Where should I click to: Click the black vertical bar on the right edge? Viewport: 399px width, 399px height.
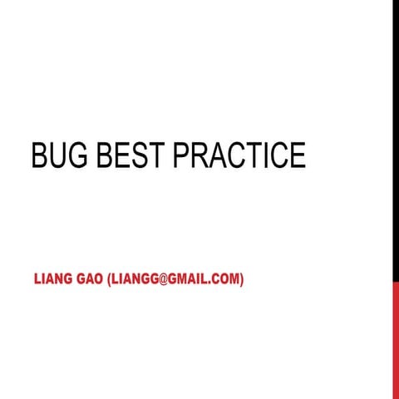pyautogui.click(x=395, y=141)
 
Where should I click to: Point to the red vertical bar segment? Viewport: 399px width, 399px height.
pyautogui.click(x=395, y=341)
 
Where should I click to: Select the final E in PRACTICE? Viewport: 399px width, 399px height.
pyautogui.click(x=298, y=156)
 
